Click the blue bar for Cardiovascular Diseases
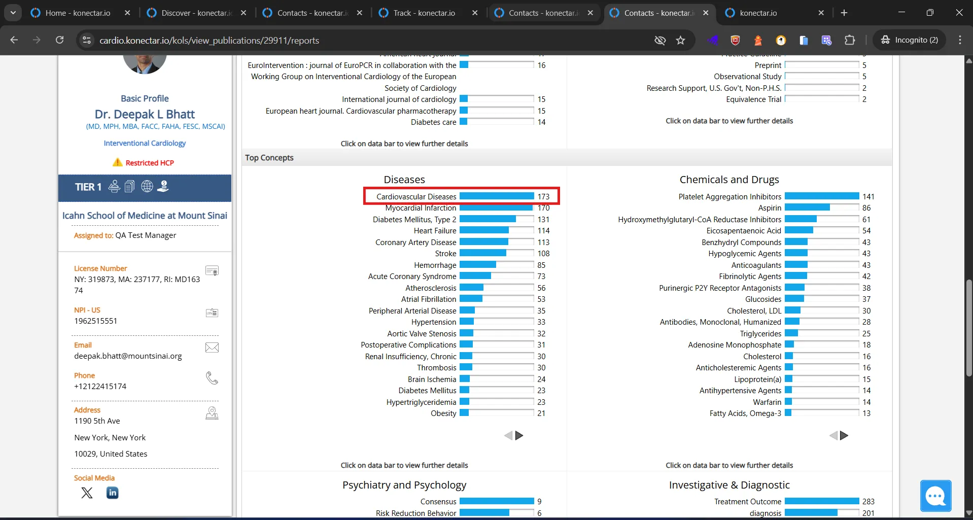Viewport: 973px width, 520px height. click(497, 196)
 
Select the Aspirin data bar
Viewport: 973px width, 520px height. click(807, 207)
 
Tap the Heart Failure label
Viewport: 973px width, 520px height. click(435, 230)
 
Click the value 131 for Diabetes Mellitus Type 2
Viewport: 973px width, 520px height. click(543, 219)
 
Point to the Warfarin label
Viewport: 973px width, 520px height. click(767, 402)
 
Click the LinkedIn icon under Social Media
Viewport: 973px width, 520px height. click(113, 493)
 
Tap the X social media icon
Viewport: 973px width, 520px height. click(87, 493)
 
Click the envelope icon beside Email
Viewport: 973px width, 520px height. click(212, 348)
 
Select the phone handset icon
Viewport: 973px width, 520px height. click(212, 378)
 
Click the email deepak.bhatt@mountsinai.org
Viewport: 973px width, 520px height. click(128, 356)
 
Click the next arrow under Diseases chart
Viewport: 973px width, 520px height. click(519, 435)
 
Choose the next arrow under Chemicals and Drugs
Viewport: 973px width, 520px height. click(844, 435)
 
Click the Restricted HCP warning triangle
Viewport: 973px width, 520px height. click(118, 162)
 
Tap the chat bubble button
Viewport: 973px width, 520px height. click(936, 496)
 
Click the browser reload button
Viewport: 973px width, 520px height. click(59, 40)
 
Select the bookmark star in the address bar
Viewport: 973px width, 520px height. click(681, 40)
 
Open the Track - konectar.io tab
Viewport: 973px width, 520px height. click(424, 13)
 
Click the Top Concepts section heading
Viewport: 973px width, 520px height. click(269, 158)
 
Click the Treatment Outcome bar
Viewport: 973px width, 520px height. click(822, 501)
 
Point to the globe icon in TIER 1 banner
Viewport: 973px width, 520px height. click(147, 186)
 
